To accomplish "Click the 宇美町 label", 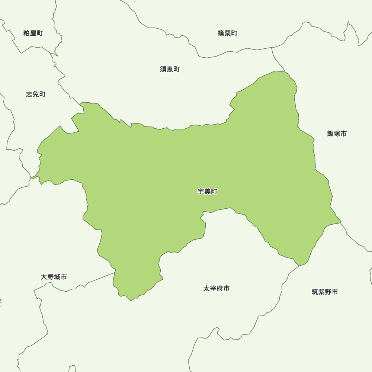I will (208, 192).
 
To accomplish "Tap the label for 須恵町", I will (170, 69).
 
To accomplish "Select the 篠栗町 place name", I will (227, 33).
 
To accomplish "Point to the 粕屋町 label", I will (33, 33).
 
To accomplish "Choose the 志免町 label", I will (36, 94).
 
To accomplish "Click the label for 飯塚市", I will (337, 134).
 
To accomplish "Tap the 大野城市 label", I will (54, 277).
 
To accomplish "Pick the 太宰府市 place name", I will (217, 288).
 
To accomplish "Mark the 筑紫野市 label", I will (325, 292).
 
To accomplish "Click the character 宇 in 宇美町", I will (201, 192).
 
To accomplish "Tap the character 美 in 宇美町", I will (208, 192).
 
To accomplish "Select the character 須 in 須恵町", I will (163, 69).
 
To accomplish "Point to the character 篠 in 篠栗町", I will (221, 33).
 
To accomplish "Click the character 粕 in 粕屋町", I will (26, 33).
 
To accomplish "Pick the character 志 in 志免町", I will (29, 94).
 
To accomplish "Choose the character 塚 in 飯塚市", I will (337, 134).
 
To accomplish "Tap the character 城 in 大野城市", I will (57, 277).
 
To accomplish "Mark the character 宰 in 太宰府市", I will (213, 288).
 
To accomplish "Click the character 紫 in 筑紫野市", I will (321, 292).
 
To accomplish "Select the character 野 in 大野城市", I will (51, 277).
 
